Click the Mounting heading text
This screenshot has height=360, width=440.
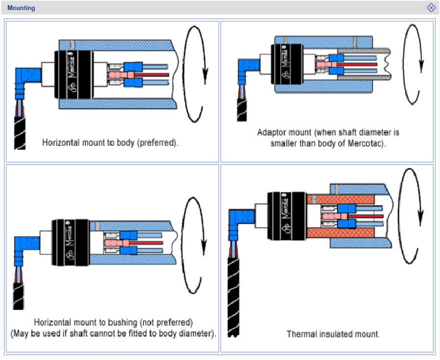coord(21,8)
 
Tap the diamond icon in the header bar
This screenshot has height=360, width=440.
coord(431,8)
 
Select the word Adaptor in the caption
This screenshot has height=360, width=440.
coord(271,132)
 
